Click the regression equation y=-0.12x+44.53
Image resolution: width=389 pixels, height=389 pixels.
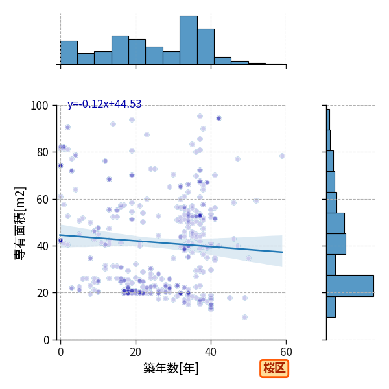point(104,104)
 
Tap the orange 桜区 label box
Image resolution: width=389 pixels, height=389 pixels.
point(274,368)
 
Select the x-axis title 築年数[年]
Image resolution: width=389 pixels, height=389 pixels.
point(171,368)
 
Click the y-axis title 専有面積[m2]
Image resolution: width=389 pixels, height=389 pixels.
point(20,224)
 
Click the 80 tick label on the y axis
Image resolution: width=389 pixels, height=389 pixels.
point(42,152)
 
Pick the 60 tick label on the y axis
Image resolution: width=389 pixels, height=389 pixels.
point(42,200)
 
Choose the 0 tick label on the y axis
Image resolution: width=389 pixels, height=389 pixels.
point(46,340)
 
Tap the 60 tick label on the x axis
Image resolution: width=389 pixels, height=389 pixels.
point(286,352)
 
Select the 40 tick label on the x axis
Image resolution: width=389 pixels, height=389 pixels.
point(211,352)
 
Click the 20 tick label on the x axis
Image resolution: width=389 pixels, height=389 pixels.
point(136,352)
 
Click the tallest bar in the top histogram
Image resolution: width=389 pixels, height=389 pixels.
point(189,40)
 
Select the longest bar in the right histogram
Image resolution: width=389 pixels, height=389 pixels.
point(350,286)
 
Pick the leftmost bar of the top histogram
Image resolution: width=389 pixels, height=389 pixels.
point(69,53)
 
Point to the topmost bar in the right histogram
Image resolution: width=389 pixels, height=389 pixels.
point(328,119)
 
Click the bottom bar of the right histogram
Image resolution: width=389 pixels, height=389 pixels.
point(331,307)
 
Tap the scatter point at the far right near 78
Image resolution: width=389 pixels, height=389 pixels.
point(282,156)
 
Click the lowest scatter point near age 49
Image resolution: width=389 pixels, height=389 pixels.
point(244,317)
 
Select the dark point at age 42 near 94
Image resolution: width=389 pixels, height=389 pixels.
point(218,119)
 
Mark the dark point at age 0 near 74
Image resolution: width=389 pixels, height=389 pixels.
point(60,166)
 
